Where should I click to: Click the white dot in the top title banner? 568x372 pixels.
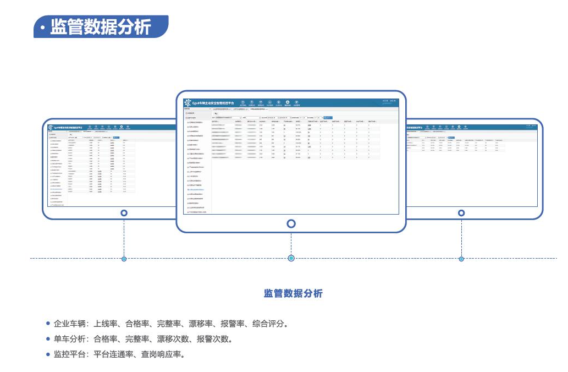pos(42,27)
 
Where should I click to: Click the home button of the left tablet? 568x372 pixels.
pos(124,213)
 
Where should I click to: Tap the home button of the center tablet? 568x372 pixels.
pos(291,223)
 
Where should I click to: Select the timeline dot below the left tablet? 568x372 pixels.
pos(124,259)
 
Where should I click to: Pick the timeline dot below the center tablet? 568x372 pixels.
pos(291,258)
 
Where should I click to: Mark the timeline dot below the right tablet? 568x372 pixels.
pos(461,259)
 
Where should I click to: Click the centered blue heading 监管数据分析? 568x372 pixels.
pos(293,293)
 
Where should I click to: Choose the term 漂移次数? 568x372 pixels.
pos(173,339)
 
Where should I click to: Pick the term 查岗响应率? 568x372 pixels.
pos(161,354)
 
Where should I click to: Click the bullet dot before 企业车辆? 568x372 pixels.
pos(48,324)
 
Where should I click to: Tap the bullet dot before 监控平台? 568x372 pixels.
pos(48,354)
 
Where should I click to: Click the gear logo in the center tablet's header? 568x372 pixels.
pos(188,103)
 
